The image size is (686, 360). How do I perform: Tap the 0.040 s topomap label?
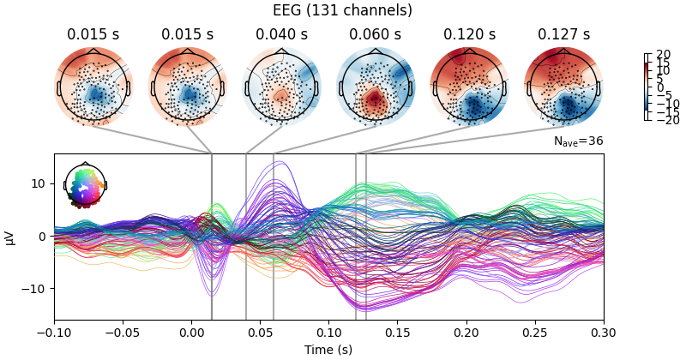(281, 35)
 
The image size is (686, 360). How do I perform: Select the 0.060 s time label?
(375, 35)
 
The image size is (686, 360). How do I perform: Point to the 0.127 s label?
(563, 35)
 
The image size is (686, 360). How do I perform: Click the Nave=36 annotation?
(579, 141)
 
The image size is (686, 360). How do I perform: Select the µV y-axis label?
(10, 237)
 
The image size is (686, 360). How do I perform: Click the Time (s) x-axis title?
(328, 350)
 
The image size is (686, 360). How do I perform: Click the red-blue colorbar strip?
(647, 87)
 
